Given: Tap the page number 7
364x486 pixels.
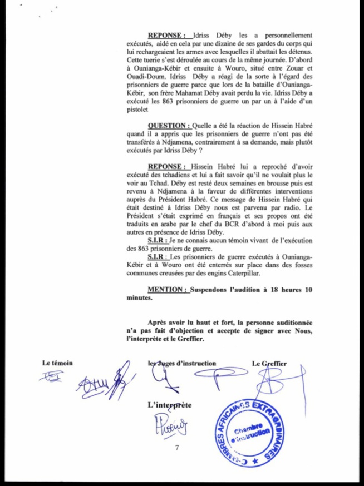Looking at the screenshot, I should click(x=176, y=448).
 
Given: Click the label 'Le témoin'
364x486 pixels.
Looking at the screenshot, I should click(x=58, y=363).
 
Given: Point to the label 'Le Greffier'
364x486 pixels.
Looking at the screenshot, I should click(x=269, y=363).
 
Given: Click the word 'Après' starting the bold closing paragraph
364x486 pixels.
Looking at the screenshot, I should click(x=159, y=323).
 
